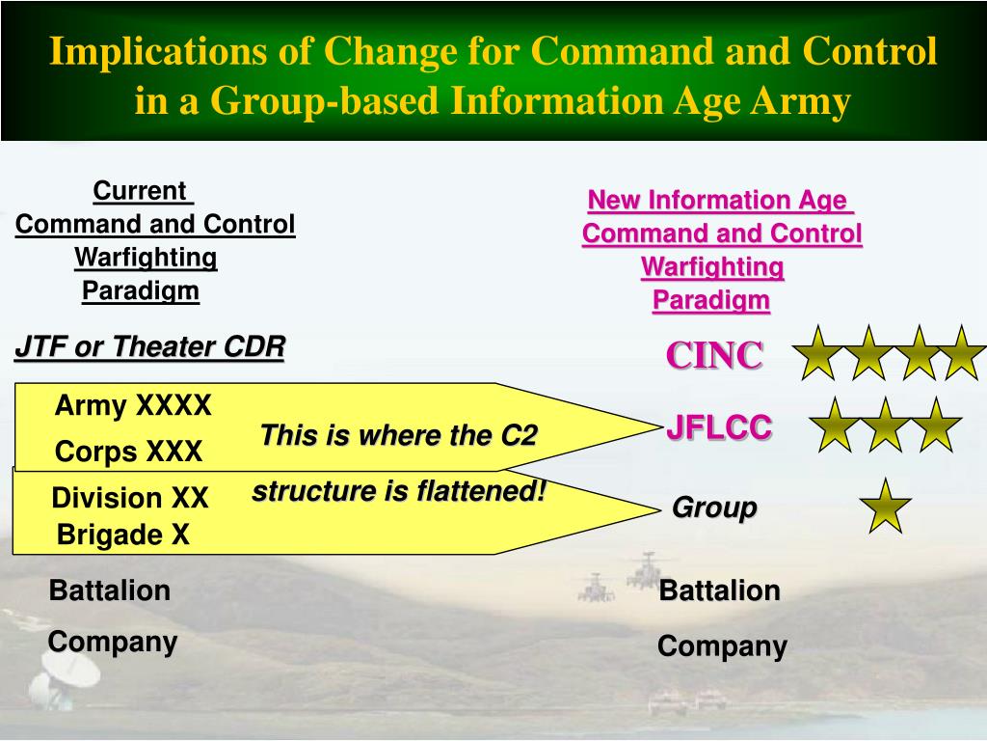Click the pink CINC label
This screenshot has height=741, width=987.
pyautogui.click(x=714, y=355)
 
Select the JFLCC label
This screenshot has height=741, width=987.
pyautogui.click(x=719, y=427)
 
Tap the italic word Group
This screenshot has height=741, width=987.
pyautogui.click(x=714, y=508)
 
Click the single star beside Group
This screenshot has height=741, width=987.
pyautogui.click(x=886, y=507)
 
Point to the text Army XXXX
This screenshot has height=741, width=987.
pyautogui.click(x=133, y=405)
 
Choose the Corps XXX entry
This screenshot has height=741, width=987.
pyautogui.click(x=128, y=452)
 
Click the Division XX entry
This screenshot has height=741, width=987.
pyautogui.click(x=130, y=498)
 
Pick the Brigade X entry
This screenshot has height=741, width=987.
pyautogui.click(x=122, y=535)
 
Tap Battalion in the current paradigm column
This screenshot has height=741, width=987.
pyautogui.click(x=110, y=591)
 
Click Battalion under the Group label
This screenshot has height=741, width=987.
pyautogui.click(x=719, y=591)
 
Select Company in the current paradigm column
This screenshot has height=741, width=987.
pyautogui.click(x=113, y=643)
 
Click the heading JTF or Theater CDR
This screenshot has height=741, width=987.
pyautogui.click(x=149, y=346)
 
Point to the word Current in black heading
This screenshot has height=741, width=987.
pyautogui.click(x=140, y=191)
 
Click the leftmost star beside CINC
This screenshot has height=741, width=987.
pyautogui.click(x=817, y=353)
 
